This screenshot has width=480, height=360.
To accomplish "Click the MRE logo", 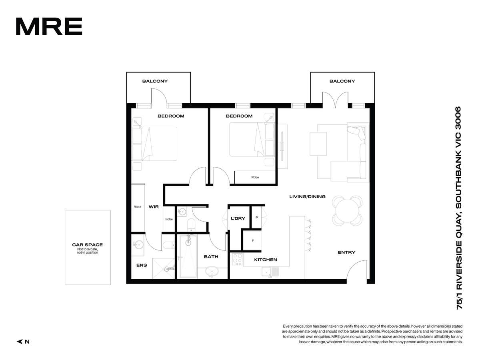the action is [49, 26].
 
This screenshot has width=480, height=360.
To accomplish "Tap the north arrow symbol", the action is [20, 342].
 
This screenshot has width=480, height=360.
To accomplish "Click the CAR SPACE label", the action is [88, 244].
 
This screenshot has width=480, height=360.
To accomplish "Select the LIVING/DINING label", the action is [307, 196].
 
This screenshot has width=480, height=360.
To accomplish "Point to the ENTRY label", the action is [346, 252].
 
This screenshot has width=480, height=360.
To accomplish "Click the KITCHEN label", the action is [266, 260].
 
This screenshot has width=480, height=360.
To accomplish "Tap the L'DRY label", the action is [238, 218].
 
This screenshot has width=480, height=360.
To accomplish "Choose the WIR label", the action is [154, 206].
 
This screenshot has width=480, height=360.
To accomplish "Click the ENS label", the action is [142, 265].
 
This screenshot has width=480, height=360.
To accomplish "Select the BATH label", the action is [211, 256].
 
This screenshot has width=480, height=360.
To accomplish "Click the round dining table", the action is [347, 211].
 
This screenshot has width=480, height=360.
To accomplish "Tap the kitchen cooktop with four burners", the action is [238, 259].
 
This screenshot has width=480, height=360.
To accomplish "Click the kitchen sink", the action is [270, 272].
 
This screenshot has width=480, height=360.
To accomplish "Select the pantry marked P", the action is [256, 218].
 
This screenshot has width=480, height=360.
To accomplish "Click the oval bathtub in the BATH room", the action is [212, 272].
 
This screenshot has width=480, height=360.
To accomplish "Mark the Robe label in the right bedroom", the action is [255, 177].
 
